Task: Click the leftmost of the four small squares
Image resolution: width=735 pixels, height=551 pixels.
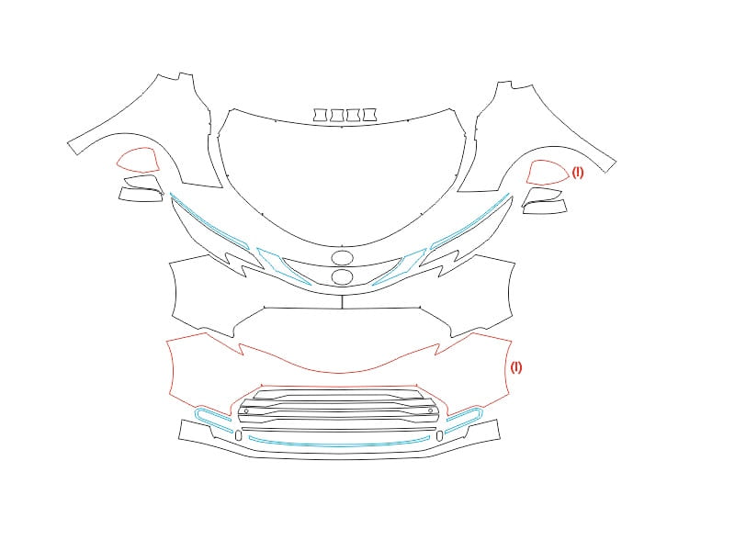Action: tap(321, 116)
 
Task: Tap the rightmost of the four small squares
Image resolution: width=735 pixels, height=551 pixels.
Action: tap(370, 115)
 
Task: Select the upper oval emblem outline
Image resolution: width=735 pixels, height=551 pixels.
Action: tap(342, 258)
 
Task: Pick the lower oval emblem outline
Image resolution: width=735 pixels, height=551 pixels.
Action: tap(342, 276)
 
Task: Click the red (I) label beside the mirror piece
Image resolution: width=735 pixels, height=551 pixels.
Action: tap(578, 173)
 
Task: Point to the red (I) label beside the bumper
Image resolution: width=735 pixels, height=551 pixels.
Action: tap(515, 366)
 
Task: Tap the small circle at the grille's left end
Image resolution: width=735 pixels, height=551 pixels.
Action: tap(246, 410)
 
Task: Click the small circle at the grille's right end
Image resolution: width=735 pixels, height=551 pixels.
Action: tap(430, 410)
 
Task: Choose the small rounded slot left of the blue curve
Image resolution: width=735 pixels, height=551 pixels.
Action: tap(238, 435)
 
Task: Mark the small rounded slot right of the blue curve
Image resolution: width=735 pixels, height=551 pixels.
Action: tap(439, 435)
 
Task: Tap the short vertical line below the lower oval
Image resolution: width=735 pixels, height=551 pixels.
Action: tap(342, 302)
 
